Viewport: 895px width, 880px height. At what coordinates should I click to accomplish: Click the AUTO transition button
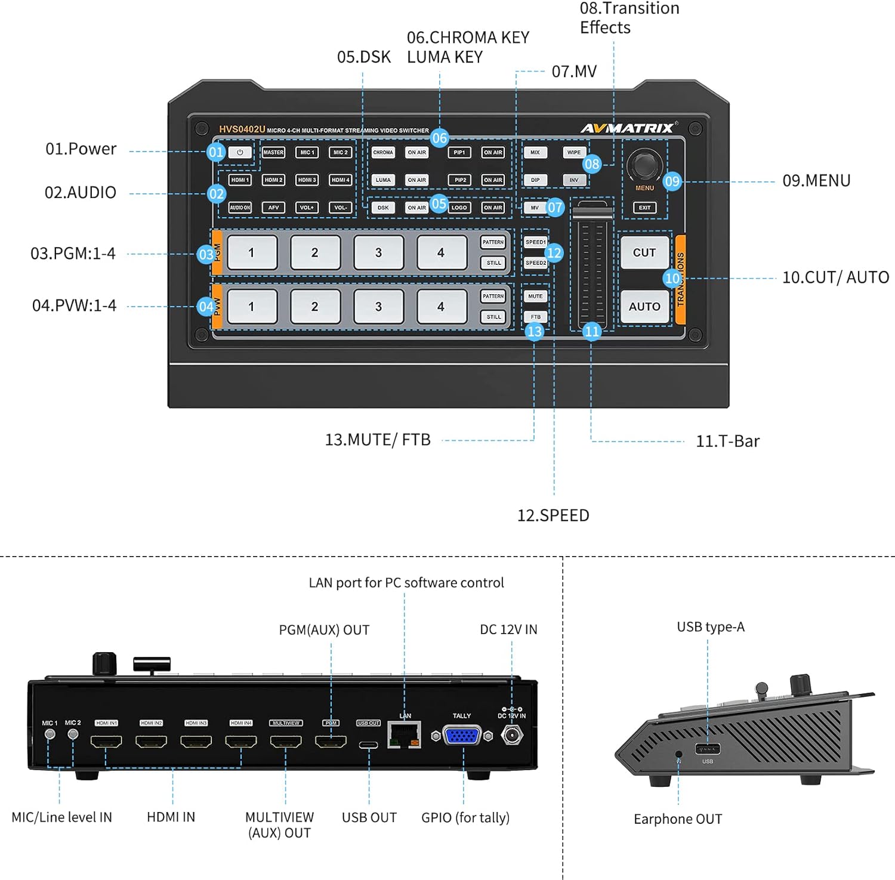[644, 307]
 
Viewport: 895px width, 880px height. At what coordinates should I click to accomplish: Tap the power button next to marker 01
[240, 152]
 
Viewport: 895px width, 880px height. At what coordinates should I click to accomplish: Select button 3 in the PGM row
[378, 253]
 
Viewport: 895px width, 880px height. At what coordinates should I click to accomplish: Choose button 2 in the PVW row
[314, 307]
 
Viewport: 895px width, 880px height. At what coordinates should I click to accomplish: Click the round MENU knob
[644, 164]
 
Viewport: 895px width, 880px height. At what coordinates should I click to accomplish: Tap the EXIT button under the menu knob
[644, 208]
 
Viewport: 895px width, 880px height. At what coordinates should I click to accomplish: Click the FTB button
[535, 317]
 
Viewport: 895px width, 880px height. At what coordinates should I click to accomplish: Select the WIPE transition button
[573, 152]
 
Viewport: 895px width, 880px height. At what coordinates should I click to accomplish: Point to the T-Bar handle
[592, 212]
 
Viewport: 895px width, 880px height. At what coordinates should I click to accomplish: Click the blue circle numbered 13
[535, 332]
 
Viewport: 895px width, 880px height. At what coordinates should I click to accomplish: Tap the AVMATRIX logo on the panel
[628, 128]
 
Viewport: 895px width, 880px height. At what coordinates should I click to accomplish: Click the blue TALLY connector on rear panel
[462, 736]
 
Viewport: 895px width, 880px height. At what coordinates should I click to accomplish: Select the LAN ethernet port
[404, 735]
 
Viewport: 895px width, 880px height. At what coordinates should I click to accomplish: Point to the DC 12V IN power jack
[511, 735]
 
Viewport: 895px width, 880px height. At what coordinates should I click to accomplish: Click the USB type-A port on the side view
[708, 749]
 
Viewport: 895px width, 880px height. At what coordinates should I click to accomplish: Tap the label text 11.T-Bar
[727, 441]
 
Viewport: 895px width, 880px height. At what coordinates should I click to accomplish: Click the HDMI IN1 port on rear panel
[106, 742]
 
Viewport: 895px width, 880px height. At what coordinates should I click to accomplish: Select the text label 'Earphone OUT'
[678, 819]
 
